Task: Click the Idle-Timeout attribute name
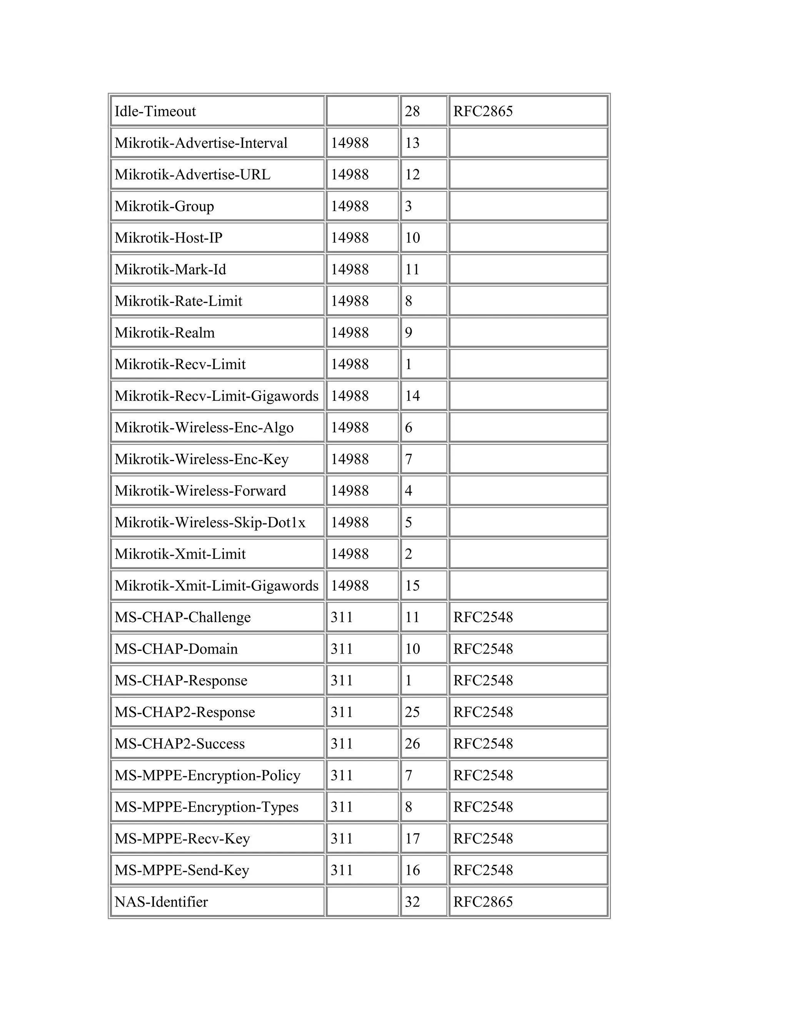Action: click(155, 111)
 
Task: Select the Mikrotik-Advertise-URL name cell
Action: click(192, 175)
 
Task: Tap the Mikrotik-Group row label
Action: click(164, 206)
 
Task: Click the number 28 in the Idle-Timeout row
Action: click(412, 111)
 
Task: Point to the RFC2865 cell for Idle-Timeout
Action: click(483, 111)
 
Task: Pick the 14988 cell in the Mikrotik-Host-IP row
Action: click(350, 238)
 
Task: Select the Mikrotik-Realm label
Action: click(165, 333)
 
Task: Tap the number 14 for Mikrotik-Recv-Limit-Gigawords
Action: click(412, 396)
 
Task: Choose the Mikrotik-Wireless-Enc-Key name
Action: click(202, 459)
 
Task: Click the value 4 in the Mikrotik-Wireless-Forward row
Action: click(409, 491)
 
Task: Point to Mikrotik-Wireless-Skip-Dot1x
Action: click(210, 522)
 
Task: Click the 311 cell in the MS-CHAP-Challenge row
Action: click(342, 617)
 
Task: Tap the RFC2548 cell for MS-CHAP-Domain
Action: click(483, 649)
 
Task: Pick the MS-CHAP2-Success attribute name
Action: click(180, 744)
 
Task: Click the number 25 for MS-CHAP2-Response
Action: click(412, 712)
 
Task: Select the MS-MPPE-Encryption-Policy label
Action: click(207, 775)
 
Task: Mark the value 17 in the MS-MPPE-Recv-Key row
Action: click(412, 838)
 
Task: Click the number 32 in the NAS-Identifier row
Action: click(412, 902)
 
